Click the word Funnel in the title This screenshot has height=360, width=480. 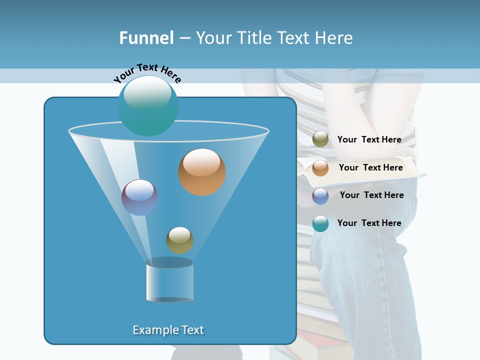146,38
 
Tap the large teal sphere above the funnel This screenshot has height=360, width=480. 147,105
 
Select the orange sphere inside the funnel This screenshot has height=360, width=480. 202,172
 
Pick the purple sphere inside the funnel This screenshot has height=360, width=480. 139,197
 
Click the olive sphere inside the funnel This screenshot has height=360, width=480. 179,240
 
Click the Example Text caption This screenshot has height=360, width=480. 168,330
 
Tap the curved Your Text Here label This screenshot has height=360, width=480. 147,73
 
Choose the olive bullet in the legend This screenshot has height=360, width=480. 320,139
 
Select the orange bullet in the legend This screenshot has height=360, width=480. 320,167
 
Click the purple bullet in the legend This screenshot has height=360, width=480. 320,195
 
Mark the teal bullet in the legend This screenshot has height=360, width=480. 320,223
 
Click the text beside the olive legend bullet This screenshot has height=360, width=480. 369,139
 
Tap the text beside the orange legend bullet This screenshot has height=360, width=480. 370,167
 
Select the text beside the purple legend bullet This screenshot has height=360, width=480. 371,195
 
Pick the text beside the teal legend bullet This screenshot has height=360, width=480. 369,223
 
